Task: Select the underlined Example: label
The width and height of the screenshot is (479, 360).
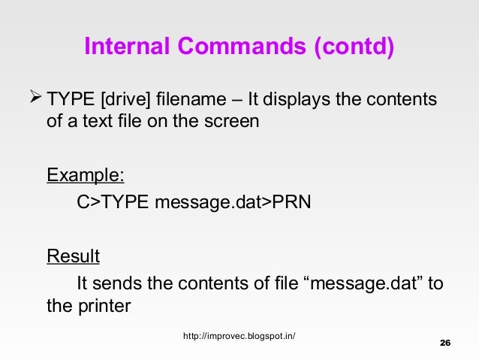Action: pyautogui.click(x=86, y=176)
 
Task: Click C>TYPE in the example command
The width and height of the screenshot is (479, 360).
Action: pyautogui.click(x=113, y=204)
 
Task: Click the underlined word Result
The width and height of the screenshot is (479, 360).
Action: pyautogui.click(x=74, y=257)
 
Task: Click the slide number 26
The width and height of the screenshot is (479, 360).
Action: pyautogui.click(x=444, y=343)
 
